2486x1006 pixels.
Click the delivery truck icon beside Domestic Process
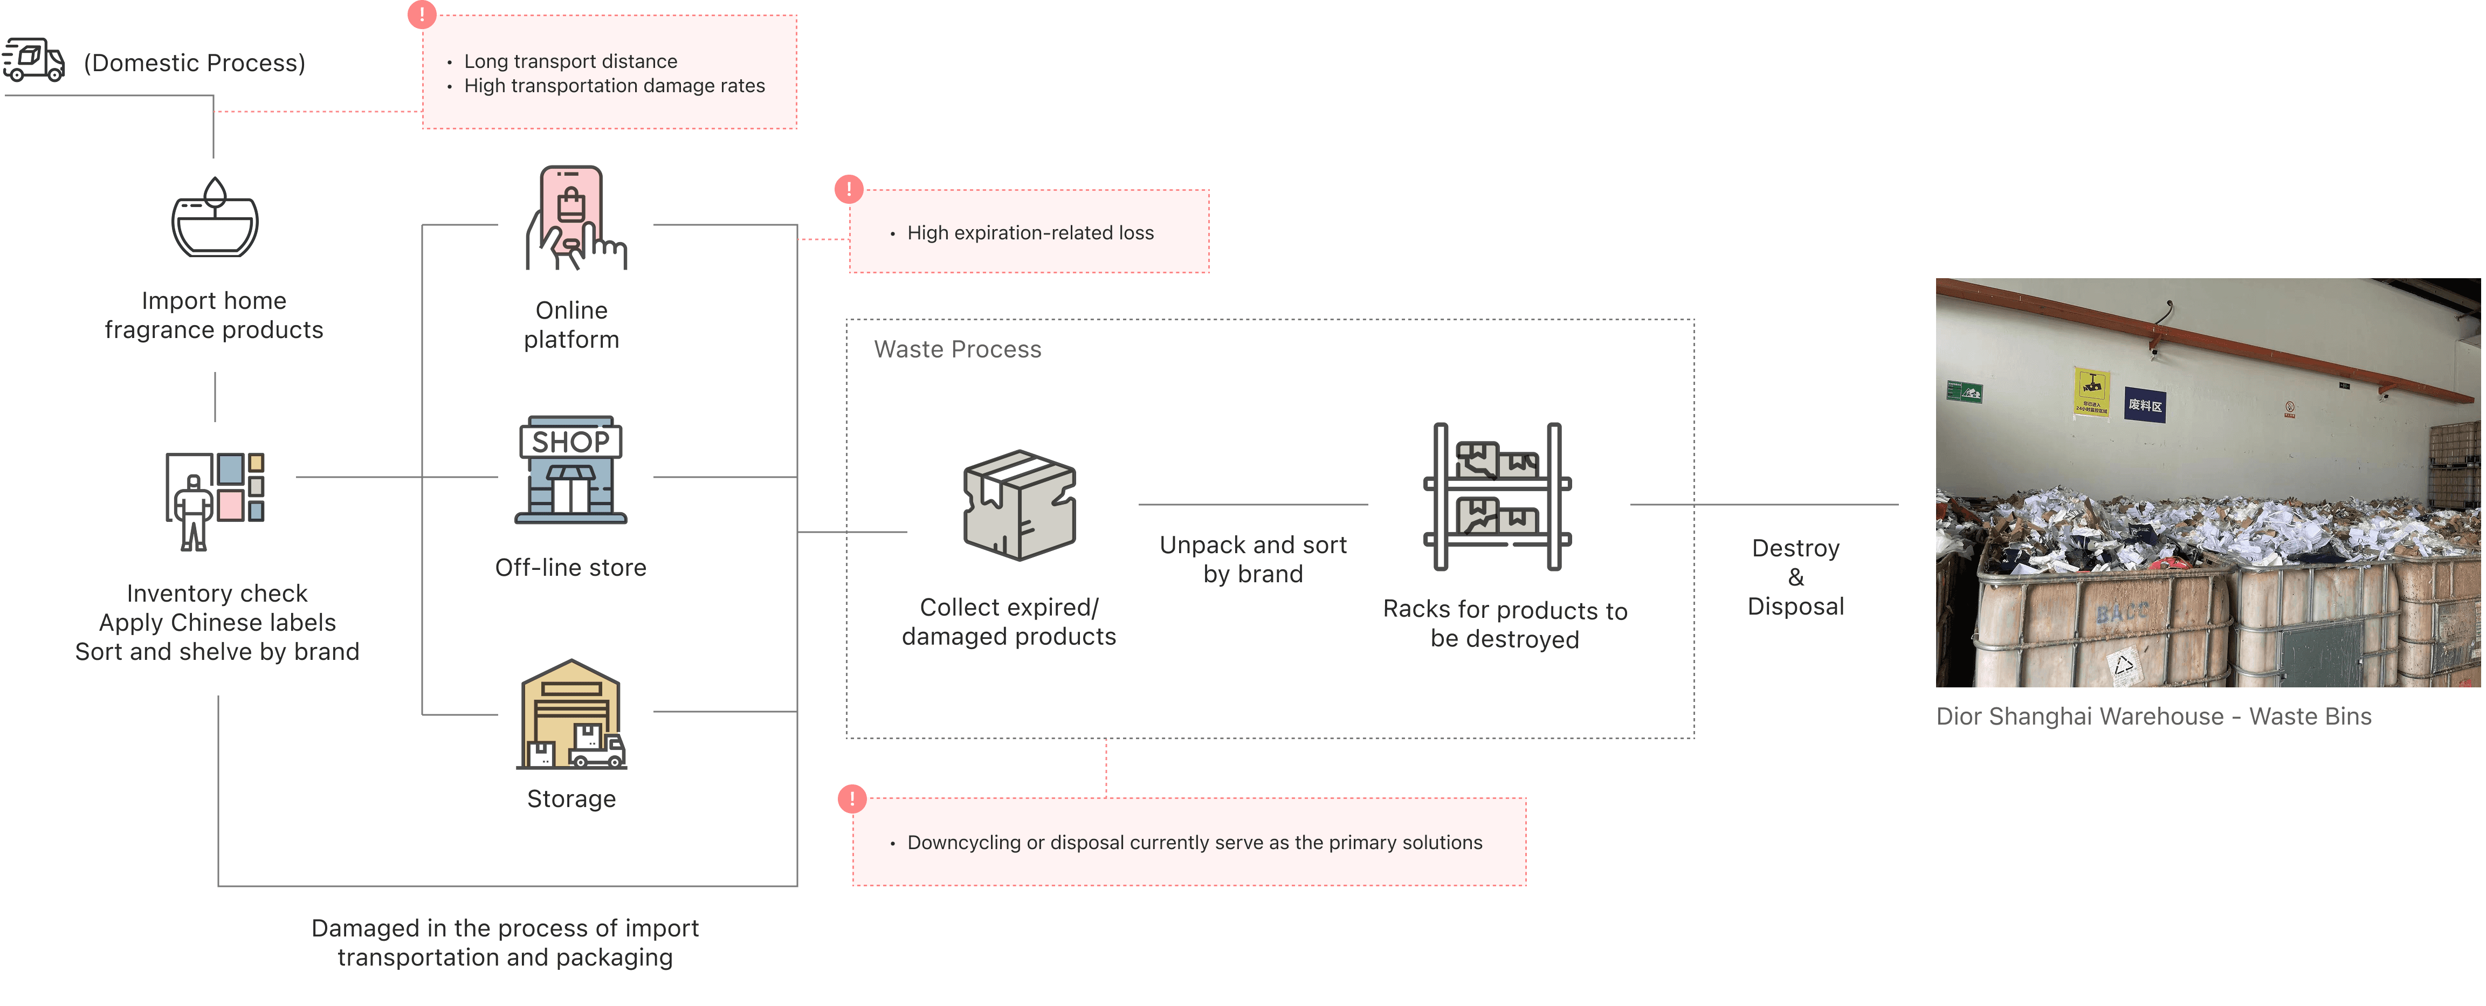pyautogui.click(x=34, y=60)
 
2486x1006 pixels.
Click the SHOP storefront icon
pyautogui.click(x=571, y=470)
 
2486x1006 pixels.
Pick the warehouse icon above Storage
pyautogui.click(x=571, y=714)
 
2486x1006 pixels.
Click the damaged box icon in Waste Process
pyautogui.click(x=1019, y=505)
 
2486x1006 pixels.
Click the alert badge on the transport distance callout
pyautogui.click(x=422, y=15)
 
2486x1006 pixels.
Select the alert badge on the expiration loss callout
pyautogui.click(x=848, y=189)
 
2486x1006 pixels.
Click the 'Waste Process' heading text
pyautogui.click(x=958, y=349)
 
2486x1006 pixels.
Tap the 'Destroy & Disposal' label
pyautogui.click(x=1795, y=577)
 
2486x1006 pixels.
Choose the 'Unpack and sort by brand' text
pyautogui.click(x=1252, y=560)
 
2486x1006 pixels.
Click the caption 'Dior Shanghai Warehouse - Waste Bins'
pyautogui.click(x=2153, y=716)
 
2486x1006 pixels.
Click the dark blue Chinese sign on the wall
pyautogui.click(x=2144, y=405)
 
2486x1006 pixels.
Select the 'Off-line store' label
pyautogui.click(x=570, y=568)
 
